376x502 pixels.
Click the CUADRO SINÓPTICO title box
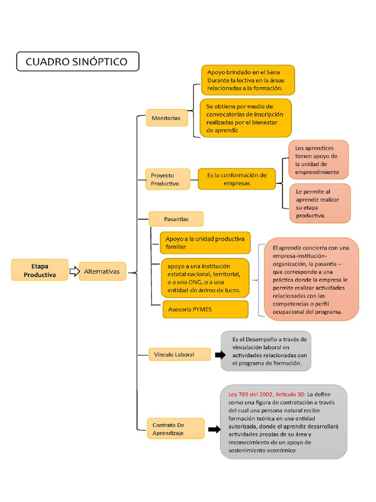pos(77,62)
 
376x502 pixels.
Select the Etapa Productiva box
pos(40,270)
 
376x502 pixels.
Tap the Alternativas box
pos(102,271)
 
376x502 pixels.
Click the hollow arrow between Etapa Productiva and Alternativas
pos(74,271)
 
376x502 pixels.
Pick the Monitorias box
pos(166,118)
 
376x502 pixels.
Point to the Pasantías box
pos(176,219)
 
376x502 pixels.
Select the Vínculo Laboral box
pos(179,354)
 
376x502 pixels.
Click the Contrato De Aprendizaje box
pos(175,428)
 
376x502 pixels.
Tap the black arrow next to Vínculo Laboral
pos(220,354)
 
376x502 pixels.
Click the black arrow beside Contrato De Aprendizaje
pos(214,429)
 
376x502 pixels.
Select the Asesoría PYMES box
pos(205,309)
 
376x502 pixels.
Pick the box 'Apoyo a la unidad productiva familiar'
pos(205,243)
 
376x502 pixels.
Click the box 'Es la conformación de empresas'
pos(236,179)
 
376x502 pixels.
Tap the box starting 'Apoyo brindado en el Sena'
pos(248,80)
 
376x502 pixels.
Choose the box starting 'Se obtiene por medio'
pos(245,118)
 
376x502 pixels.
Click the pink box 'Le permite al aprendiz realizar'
pos(320,203)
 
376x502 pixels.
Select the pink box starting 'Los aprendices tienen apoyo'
pos(318,160)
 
